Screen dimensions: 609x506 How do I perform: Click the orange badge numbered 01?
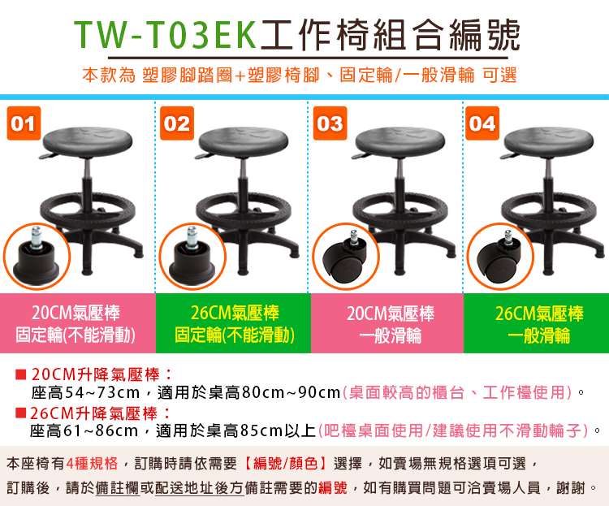[x=24, y=123]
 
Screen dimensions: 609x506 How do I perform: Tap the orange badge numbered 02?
[x=177, y=123]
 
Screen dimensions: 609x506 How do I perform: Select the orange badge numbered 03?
[x=330, y=123]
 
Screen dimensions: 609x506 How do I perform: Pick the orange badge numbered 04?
[x=482, y=123]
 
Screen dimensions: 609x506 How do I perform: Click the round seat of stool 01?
[x=88, y=141]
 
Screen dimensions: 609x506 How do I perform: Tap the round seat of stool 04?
[x=548, y=141]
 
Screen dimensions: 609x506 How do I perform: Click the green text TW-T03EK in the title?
[x=166, y=35]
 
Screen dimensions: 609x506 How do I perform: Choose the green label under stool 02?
[x=233, y=323]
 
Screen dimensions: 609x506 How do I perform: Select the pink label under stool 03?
[x=387, y=323]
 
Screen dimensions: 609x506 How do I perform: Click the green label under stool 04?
[x=537, y=323]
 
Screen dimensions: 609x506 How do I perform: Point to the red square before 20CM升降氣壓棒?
[x=20, y=374]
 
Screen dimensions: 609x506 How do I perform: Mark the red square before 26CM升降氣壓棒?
[x=20, y=413]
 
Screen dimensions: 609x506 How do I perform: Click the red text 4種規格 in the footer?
[x=92, y=463]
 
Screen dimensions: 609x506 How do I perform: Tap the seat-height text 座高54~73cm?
[x=85, y=392]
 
